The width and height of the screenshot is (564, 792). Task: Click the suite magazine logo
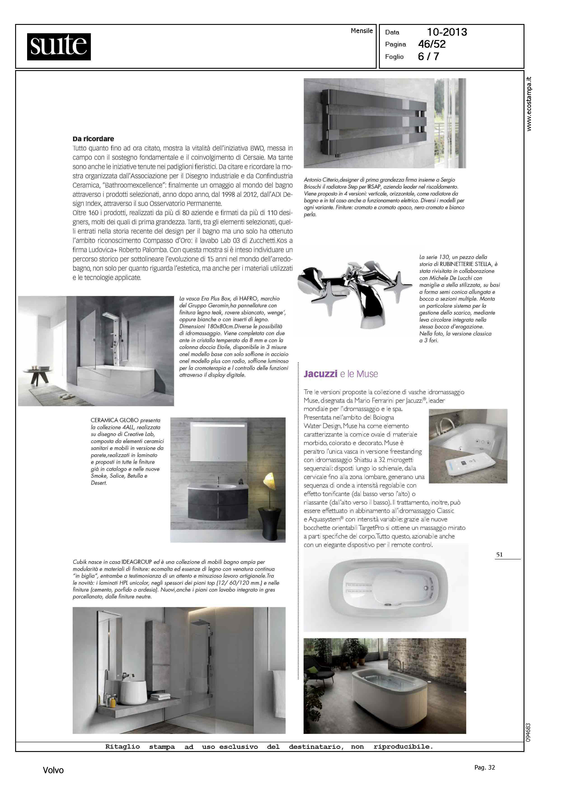[x=59, y=47]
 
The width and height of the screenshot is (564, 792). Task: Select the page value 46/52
[x=432, y=44]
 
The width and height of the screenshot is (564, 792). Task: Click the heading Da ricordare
[x=93, y=139]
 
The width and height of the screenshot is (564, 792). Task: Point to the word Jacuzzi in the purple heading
[x=320, y=374]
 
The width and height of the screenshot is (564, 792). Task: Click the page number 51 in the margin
[x=499, y=554]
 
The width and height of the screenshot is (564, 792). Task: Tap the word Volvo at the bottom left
[x=53, y=770]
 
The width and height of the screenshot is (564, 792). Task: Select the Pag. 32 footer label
[x=484, y=767]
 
